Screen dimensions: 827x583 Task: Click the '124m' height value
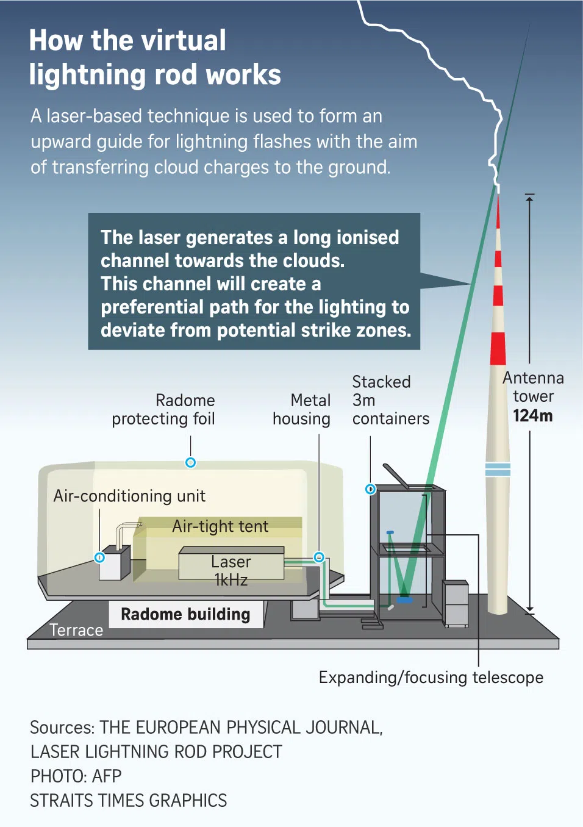[x=532, y=416]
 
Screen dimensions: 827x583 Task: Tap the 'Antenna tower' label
[x=533, y=387]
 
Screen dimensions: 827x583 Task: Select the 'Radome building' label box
[x=185, y=614]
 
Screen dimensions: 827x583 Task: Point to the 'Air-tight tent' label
[x=220, y=526]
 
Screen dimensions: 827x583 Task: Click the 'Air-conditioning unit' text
[x=129, y=496]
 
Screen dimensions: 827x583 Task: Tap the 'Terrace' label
[x=76, y=630]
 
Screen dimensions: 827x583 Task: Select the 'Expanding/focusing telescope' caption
[x=431, y=678]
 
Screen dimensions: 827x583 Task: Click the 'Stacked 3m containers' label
[x=390, y=400]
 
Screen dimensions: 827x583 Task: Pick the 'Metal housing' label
[x=302, y=409]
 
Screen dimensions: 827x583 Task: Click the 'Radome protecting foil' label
[x=163, y=409]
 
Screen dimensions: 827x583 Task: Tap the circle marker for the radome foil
[x=190, y=462]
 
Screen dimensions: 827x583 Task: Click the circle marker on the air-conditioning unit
[x=99, y=557]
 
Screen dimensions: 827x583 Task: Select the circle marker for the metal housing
[x=319, y=557]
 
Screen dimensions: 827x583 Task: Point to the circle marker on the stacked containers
[x=370, y=489]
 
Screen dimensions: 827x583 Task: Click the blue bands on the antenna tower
[x=498, y=470]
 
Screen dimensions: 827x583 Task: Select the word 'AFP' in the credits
[x=107, y=776]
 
